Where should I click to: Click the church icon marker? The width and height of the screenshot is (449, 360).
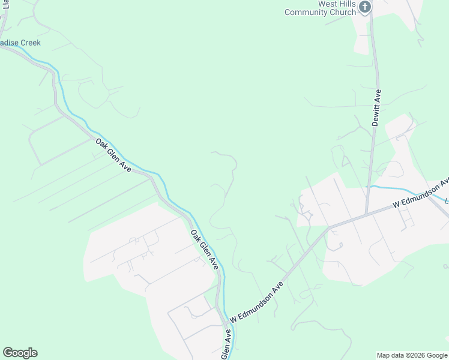pos(365,7)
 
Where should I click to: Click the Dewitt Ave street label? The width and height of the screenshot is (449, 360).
pos(377,107)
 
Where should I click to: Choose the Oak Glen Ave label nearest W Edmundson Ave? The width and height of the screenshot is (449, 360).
pos(204,249)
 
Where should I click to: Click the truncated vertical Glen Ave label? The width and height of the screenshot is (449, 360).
pos(227,344)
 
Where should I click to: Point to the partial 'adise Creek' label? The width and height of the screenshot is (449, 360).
pos(20,43)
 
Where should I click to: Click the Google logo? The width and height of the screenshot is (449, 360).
pos(20,353)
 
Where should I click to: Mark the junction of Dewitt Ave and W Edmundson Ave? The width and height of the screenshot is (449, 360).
pos(367,213)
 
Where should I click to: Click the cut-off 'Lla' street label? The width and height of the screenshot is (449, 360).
pos(6,7)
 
